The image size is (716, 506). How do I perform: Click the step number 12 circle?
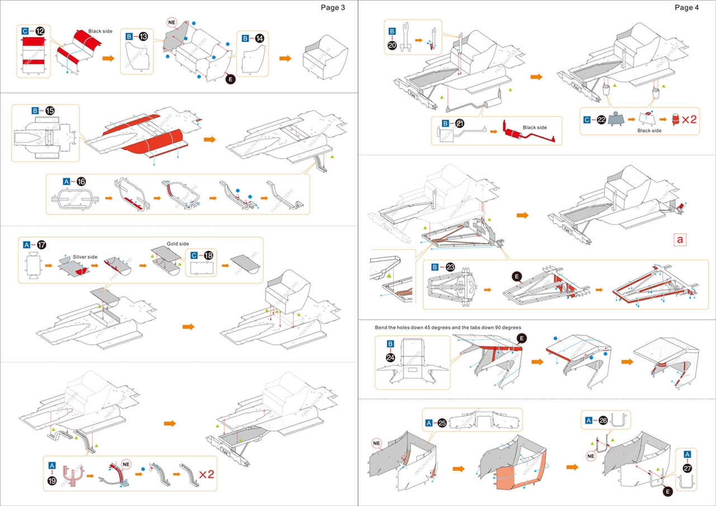40,31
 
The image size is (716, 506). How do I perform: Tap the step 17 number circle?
41,245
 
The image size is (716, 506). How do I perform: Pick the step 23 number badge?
451,267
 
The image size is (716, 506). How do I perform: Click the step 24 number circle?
391,356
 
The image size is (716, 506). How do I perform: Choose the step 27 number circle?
687,469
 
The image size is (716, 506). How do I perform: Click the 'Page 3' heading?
333,7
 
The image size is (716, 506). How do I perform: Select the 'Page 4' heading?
687,7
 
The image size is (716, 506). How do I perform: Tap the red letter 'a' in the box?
680,239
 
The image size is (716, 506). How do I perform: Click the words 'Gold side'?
178,244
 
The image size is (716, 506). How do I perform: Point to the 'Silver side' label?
85,257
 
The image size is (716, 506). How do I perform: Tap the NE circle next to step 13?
172,22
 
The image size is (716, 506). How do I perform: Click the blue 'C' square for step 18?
194,256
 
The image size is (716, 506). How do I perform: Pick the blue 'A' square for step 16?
66,182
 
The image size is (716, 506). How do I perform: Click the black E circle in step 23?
517,276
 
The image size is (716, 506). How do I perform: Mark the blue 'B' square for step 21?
446,123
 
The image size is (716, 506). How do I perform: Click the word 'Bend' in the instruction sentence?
383,327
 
